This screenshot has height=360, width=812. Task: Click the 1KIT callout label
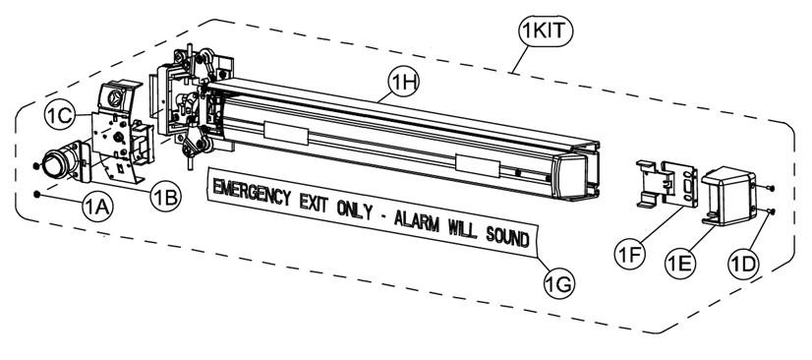(x=544, y=31)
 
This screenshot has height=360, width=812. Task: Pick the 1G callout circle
(x=559, y=283)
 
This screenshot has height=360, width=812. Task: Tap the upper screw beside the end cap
(x=772, y=186)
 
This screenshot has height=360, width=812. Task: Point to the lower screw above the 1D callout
(x=772, y=210)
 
